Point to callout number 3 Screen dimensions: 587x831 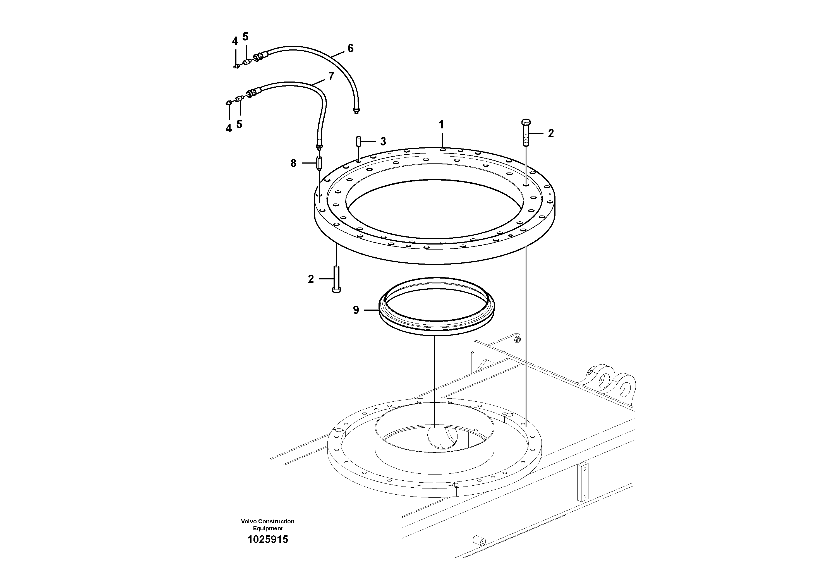[383, 142]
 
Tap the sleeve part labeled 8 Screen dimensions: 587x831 [319, 163]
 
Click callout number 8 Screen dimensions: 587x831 [293, 164]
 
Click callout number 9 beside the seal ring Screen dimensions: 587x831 [356, 310]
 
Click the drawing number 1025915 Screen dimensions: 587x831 [267, 540]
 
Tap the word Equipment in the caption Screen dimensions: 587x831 [267, 528]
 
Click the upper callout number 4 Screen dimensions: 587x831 [235, 41]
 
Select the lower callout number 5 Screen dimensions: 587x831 [239, 124]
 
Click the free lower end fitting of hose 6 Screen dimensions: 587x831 [356, 110]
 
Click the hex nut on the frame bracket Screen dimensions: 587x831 [518, 339]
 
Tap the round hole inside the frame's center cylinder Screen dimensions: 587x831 [442, 438]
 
